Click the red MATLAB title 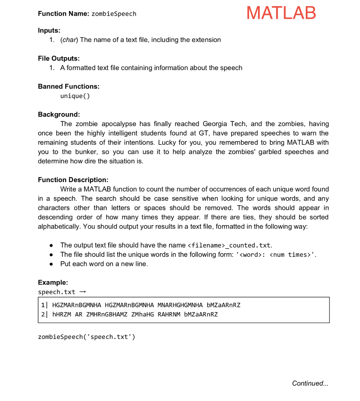pyautogui.click(x=281, y=13)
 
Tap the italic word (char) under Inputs pyautogui.click(x=69, y=40)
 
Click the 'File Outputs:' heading pyautogui.click(x=59, y=58)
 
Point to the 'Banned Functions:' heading pyautogui.click(x=69, y=86)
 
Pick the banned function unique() pyautogui.click(x=75, y=96)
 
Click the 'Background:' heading pyautogui.click(x=59, y=114)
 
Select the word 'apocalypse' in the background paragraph pyautogui.click(x=120, y=124)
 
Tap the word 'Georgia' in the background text pyautogui.click(x=215, y=124)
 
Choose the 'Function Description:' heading pyautogui.click(x=73, y=180)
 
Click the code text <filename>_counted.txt pyautogui.click(x=230, y=246)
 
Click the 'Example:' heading pyautogui.click(x=53, y=282)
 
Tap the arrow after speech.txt pyautogui.click(x=82, y=292)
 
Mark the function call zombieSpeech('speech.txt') pyautogui.click(x=86, y=337)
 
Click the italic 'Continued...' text pyautogui.click(x=310, y=383)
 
